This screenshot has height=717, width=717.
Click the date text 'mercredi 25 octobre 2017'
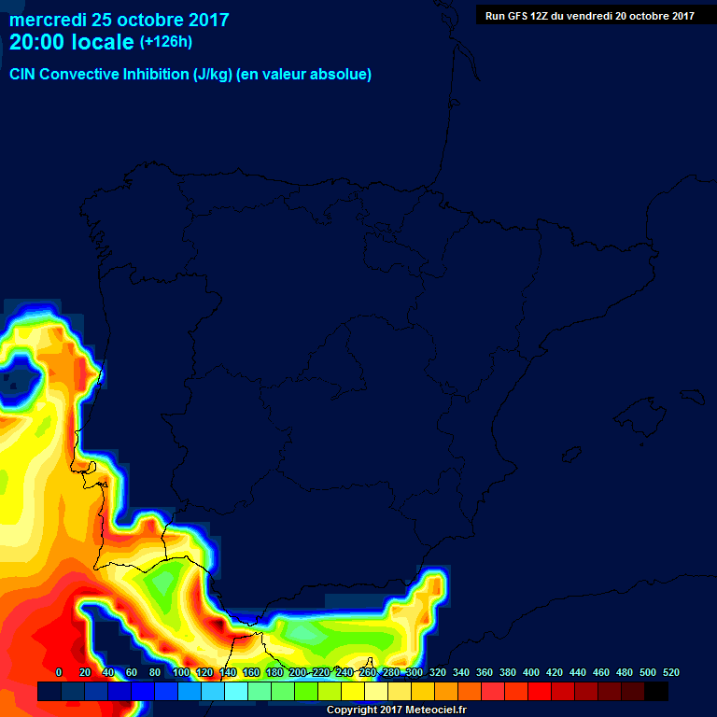[119, 20]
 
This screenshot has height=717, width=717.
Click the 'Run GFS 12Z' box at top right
[589, 15]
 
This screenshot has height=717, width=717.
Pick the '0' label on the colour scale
[59, 672]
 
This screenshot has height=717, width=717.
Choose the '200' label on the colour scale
[298, 672]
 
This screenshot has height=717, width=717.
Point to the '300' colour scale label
[415, 672]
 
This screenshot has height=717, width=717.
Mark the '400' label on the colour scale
[531, 672]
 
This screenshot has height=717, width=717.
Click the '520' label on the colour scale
[671, 672]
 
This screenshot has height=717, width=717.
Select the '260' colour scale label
[368, 672]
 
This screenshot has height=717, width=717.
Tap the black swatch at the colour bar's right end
[656, 692]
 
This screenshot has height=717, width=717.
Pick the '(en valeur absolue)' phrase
[304, 75]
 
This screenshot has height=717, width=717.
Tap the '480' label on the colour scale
[625, 672]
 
